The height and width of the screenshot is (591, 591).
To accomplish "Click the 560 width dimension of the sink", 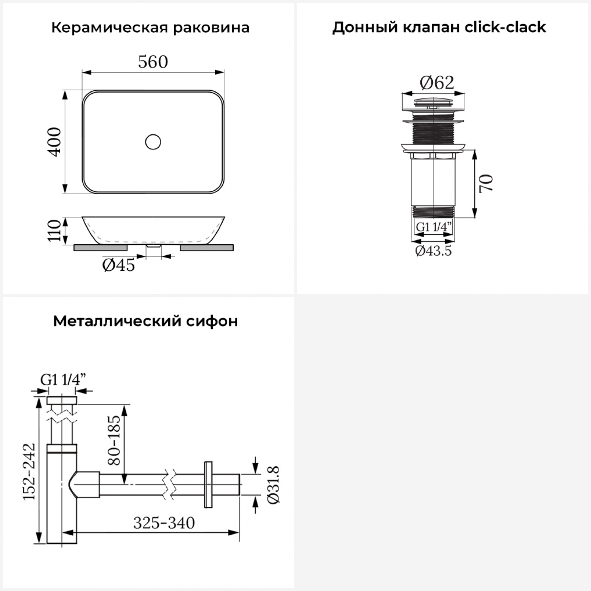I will point(153,62).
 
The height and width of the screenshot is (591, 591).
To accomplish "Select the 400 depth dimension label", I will point(55,142).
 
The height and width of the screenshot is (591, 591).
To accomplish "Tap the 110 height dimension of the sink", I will point(54,230).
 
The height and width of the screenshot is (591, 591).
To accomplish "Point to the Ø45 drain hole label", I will point(118,265).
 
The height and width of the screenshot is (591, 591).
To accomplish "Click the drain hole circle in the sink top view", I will point(153,142).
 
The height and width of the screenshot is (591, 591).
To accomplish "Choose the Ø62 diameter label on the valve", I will point(437,83).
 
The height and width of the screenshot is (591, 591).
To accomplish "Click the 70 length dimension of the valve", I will point(486,183).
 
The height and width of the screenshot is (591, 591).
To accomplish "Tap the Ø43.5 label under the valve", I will point(433,251).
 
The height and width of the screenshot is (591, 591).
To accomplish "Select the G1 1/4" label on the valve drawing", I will point(433,227).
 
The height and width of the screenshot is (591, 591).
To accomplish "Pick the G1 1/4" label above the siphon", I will point(63,380).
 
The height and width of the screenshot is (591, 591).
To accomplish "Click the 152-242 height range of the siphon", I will point(29,471).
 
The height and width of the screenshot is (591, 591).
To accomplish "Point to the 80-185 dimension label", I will point(114,440).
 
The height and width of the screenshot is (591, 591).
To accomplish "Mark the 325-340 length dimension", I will point(164,523).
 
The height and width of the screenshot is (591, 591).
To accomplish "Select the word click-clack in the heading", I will point(505,27).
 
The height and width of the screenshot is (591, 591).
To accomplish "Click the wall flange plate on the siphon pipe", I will point(208,484).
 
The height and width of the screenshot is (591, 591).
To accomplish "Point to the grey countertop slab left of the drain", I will point(100,247).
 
